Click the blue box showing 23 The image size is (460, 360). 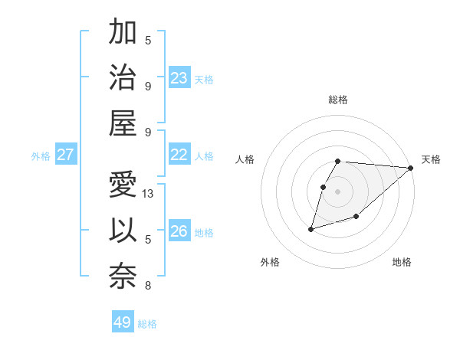(x=179, y=78)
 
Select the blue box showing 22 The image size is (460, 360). (x=179, y=155)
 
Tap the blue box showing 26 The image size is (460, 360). (x=179, y=231)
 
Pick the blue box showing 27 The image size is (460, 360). (x=65, y=155)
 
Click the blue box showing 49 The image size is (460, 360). (x=123, y=322)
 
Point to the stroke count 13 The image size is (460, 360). (x=149, y=194)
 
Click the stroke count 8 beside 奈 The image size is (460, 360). (x=148, y=286)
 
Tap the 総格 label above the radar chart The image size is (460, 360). (x=338, y=100)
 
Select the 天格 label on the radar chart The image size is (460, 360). (x=431, y=159)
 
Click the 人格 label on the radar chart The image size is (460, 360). (x=245, y=159)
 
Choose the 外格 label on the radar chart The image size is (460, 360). (x=270, y=262)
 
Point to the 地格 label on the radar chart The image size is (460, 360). (x=402, y=262)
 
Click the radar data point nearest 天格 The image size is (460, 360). (x=410, y=169)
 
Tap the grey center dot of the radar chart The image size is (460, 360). (x=338, y=191)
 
